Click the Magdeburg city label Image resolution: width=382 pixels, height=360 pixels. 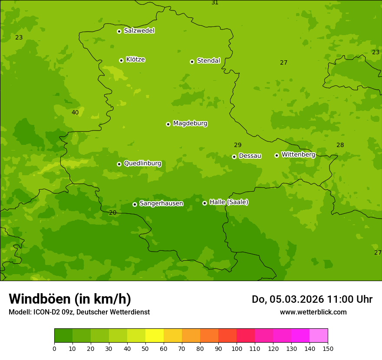[190, 124]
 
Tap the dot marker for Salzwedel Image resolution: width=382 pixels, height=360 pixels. [119, 31]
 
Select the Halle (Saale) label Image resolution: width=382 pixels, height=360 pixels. [229, 202]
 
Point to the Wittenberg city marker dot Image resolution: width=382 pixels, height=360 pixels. [277, 155]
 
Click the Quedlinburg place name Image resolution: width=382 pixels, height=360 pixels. [142, 164]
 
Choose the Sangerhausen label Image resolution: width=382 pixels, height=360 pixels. [161, 203]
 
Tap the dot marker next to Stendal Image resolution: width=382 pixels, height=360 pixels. [192, 62]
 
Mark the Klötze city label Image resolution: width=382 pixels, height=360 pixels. [135, 59]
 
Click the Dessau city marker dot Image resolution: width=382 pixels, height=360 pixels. [234, 157]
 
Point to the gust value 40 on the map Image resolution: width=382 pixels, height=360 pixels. [75, 112]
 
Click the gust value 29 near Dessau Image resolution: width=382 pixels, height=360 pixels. [238, 145]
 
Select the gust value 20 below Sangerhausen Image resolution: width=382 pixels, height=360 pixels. [113, 213]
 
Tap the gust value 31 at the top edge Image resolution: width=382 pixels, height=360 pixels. [215, 3]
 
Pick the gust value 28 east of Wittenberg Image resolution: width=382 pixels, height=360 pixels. [340, 145]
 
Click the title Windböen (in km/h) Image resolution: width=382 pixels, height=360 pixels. [70, 299]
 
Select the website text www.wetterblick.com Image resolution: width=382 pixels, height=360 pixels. [313, 312]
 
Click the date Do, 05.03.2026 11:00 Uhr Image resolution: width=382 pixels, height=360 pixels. [312, 299]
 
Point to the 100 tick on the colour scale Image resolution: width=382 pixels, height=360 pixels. [237, 348]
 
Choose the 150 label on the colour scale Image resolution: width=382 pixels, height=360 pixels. [328, 348]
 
